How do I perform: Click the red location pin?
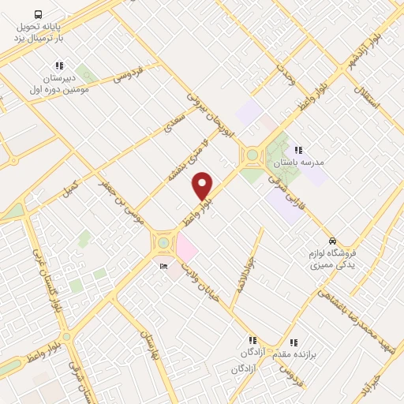(203, 185)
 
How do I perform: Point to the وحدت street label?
(285, 74)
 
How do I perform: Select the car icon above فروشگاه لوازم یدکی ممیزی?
(333, 241)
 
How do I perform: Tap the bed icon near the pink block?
(163, 267)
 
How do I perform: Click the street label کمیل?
(70, 188)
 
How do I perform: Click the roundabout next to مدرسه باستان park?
(252, 155)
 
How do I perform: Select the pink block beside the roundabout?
(186, 250)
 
